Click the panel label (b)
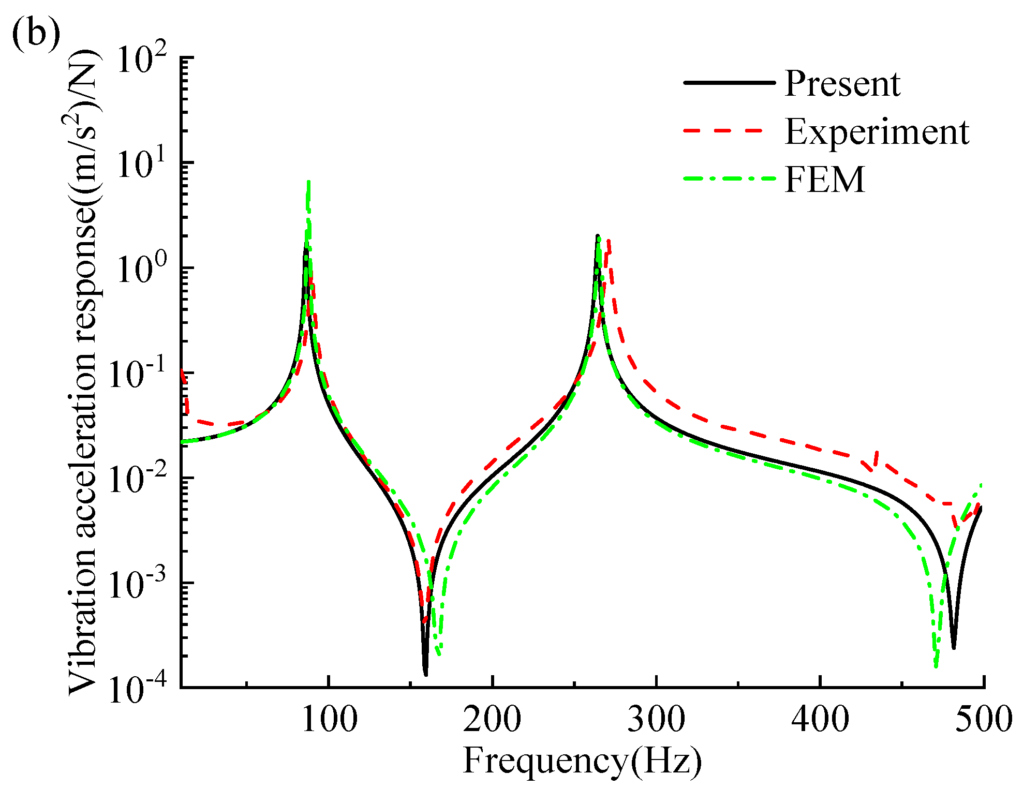pyautogui.click(x=35, y=35)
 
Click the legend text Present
pyautogui.click(x=842, y=84)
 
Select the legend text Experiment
pyautogui.click(x=877, y=132)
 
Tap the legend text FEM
pyautogui.click(x=824, y=180)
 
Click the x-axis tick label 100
pyautogui.click(x=329, y=719)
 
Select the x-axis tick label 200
pyautogui.click(x=492, y=719)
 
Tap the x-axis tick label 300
pyautogui.click(x=656, y=719)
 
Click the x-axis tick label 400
pyautogui.click(x=820, y=719)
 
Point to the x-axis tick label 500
pyautogui.click(x=983, y=719)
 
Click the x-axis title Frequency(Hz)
pyautogui.click(x=582, y=761)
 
